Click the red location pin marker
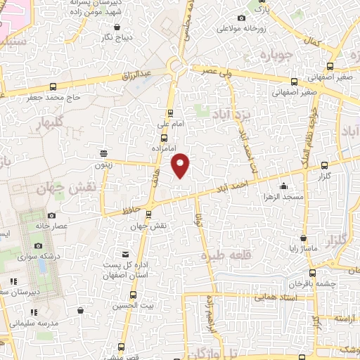click(x=181, y=165)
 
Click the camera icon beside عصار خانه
click(x=51, y=215)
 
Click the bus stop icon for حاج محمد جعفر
click(x=53, y=88)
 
